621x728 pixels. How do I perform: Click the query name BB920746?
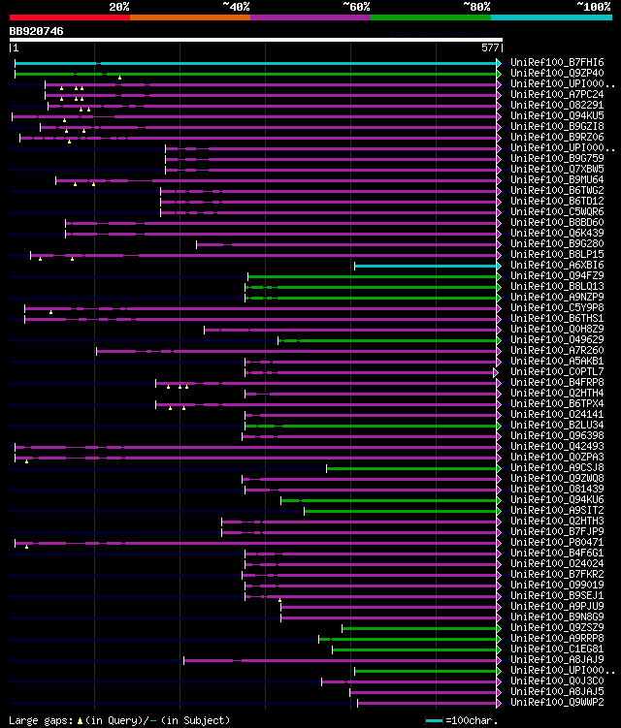tap(37, 31)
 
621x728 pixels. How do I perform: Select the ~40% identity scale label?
tap(236, 6)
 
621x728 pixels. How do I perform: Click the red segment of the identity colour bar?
tap(69, 17)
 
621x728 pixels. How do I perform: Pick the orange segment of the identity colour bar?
tap(189, 17)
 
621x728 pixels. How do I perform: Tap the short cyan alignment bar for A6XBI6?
tap(427, 266)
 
